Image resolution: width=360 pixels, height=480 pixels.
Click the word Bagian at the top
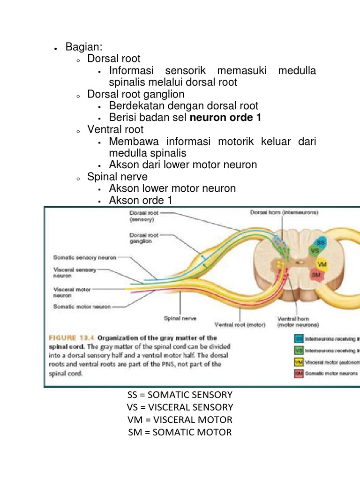click(82, 47)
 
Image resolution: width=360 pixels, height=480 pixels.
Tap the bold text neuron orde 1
click(225, 118)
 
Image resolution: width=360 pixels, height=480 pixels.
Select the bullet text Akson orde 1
click(141, 200)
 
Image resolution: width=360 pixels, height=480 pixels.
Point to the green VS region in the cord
click(315, 251)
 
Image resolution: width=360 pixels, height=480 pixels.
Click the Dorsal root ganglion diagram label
click(144, 238)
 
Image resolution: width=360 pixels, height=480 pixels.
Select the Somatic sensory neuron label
click(85, 257)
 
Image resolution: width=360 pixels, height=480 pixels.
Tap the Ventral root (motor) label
click(240, 324)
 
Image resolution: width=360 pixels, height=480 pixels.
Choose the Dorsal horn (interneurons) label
click(284, 212)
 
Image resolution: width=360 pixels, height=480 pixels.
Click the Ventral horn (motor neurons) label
click(298, 321)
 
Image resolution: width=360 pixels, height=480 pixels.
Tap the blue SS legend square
click(299, 337)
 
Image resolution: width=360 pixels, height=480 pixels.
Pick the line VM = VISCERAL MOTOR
click(180, 420)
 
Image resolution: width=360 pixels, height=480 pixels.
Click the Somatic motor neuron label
click(82, 307)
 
